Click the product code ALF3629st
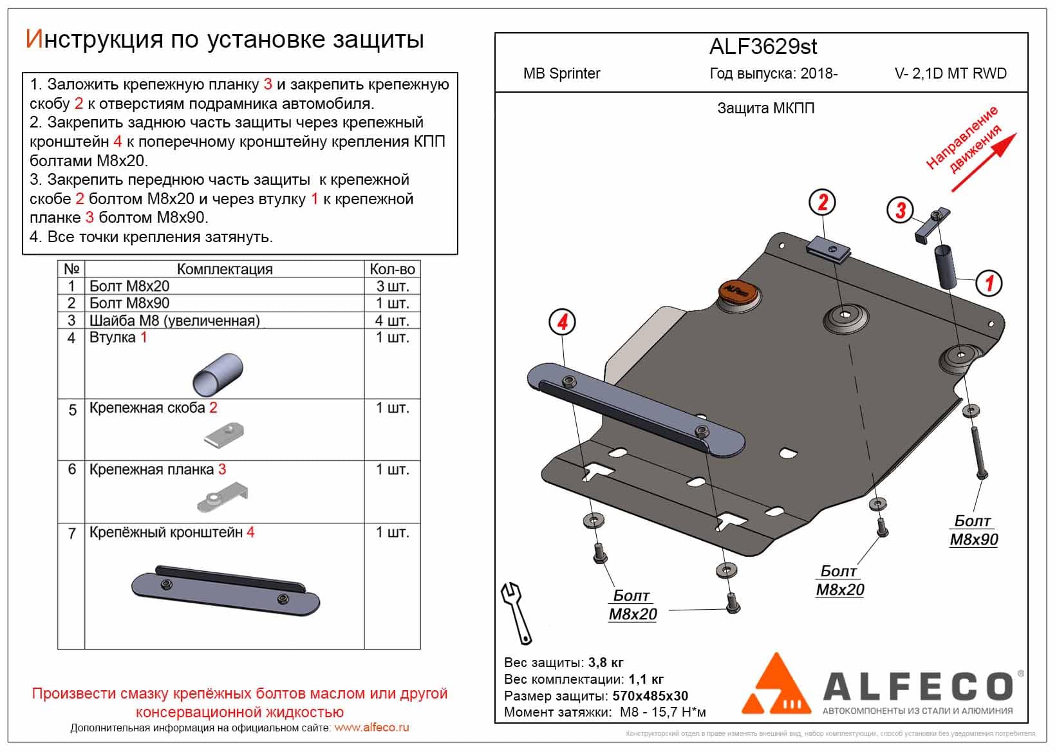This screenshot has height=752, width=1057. pos(763,46)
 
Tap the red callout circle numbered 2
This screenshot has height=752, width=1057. pos(822,203)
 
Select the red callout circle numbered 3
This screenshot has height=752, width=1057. pos(900,209)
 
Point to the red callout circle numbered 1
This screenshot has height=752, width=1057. pos(989,283)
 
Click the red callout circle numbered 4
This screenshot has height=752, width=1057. pos(562,321)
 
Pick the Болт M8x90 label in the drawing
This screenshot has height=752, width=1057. pos(973,530)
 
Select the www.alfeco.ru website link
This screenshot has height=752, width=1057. pos(371,728)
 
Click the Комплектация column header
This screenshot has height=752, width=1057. pos(225,269)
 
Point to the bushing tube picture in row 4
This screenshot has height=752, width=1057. pos(218,374)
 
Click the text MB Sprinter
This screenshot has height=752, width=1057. pos(561,73)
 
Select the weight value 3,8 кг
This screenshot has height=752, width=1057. pos(606,663)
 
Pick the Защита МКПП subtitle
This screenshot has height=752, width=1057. pos(765,108)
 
